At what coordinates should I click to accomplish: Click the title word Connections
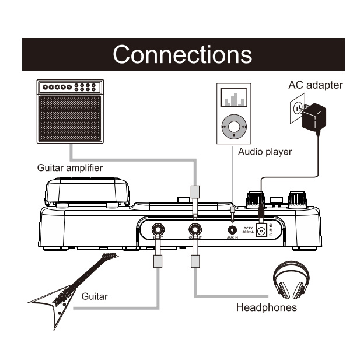point(183,54)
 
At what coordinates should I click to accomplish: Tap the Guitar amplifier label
point(69,168)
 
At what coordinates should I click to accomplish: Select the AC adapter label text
point(315,86)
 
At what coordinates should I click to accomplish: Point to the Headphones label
point(266,307)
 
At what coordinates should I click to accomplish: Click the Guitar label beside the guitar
point(94,296)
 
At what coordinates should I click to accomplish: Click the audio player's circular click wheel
point(235,125)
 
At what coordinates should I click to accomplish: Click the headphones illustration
point(292,281)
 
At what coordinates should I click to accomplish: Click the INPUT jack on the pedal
point(158,229)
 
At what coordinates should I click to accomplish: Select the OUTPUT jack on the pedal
point(194,229)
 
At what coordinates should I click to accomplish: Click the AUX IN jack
point(232,229)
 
